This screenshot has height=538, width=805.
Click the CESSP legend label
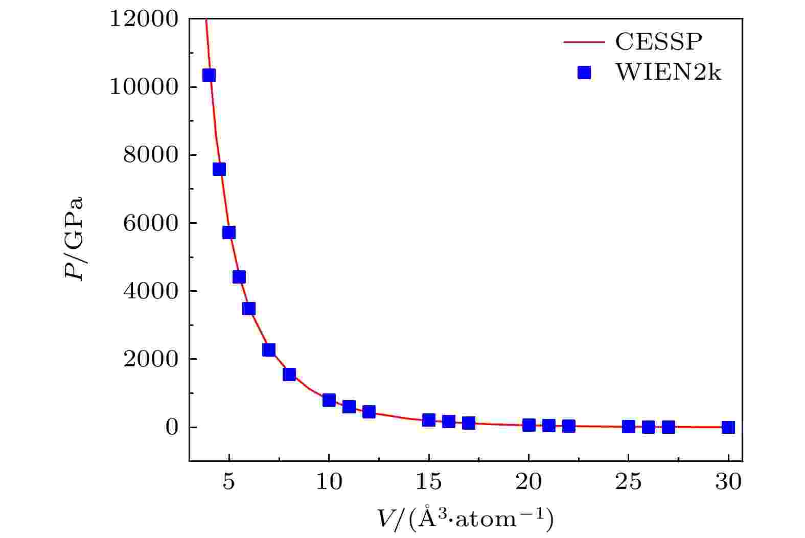coord(656,42)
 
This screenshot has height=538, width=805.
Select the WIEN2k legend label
coord(668,74)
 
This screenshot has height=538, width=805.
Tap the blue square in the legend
coord(584,74)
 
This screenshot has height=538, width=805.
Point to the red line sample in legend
coord(584,42)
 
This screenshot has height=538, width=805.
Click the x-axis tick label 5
coord(229,482)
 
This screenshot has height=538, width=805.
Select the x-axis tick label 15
coord(428,482)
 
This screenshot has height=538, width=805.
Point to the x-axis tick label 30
coord(728,482)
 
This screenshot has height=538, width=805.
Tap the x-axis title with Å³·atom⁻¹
coord(465,520)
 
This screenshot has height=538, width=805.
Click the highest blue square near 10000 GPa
coord(209,75)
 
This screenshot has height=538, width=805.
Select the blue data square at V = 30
coord(728,427)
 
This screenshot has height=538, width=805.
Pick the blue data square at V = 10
coord(329,400)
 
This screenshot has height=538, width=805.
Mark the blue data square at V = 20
coord(529,425)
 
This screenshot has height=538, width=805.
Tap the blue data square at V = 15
coord(429,420)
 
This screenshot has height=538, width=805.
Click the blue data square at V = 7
coord(269,350)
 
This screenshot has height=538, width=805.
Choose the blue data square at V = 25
coord(629,427)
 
